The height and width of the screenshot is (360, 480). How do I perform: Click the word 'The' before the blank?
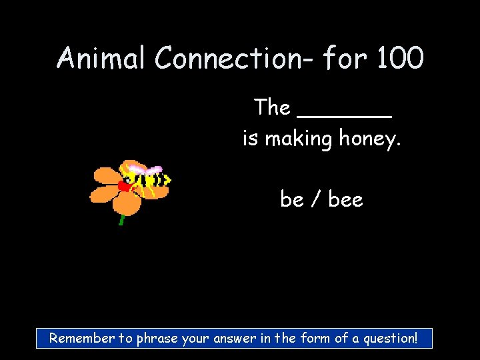(272, 107)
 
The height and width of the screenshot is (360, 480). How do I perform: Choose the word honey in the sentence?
(369, 139)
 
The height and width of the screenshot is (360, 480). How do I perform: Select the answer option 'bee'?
(346, 199)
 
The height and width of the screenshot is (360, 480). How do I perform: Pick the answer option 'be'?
(292, 199)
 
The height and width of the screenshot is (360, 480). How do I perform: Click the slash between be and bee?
(316, 199)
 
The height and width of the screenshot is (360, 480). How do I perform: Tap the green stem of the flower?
(121, 219)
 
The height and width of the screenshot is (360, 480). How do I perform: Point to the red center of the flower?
(124, 186)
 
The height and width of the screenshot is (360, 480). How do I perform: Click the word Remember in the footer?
(82, 338)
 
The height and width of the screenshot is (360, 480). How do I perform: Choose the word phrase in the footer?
(157, 338)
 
